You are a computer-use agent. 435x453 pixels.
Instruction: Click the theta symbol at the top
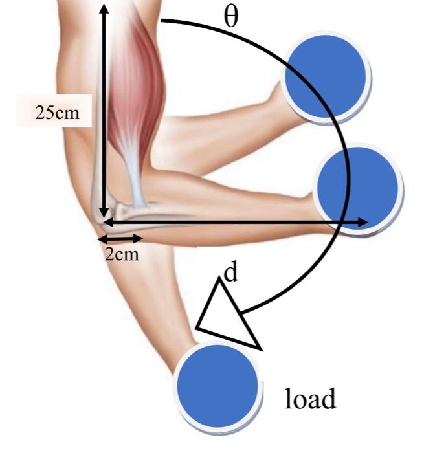(230, 16)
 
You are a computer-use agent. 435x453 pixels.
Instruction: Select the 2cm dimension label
(122, 253)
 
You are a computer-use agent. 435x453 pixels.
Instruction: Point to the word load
(311, 399)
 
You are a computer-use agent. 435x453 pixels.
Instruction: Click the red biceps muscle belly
(133, 84)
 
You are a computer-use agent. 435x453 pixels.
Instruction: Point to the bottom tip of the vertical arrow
(103, 217)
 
